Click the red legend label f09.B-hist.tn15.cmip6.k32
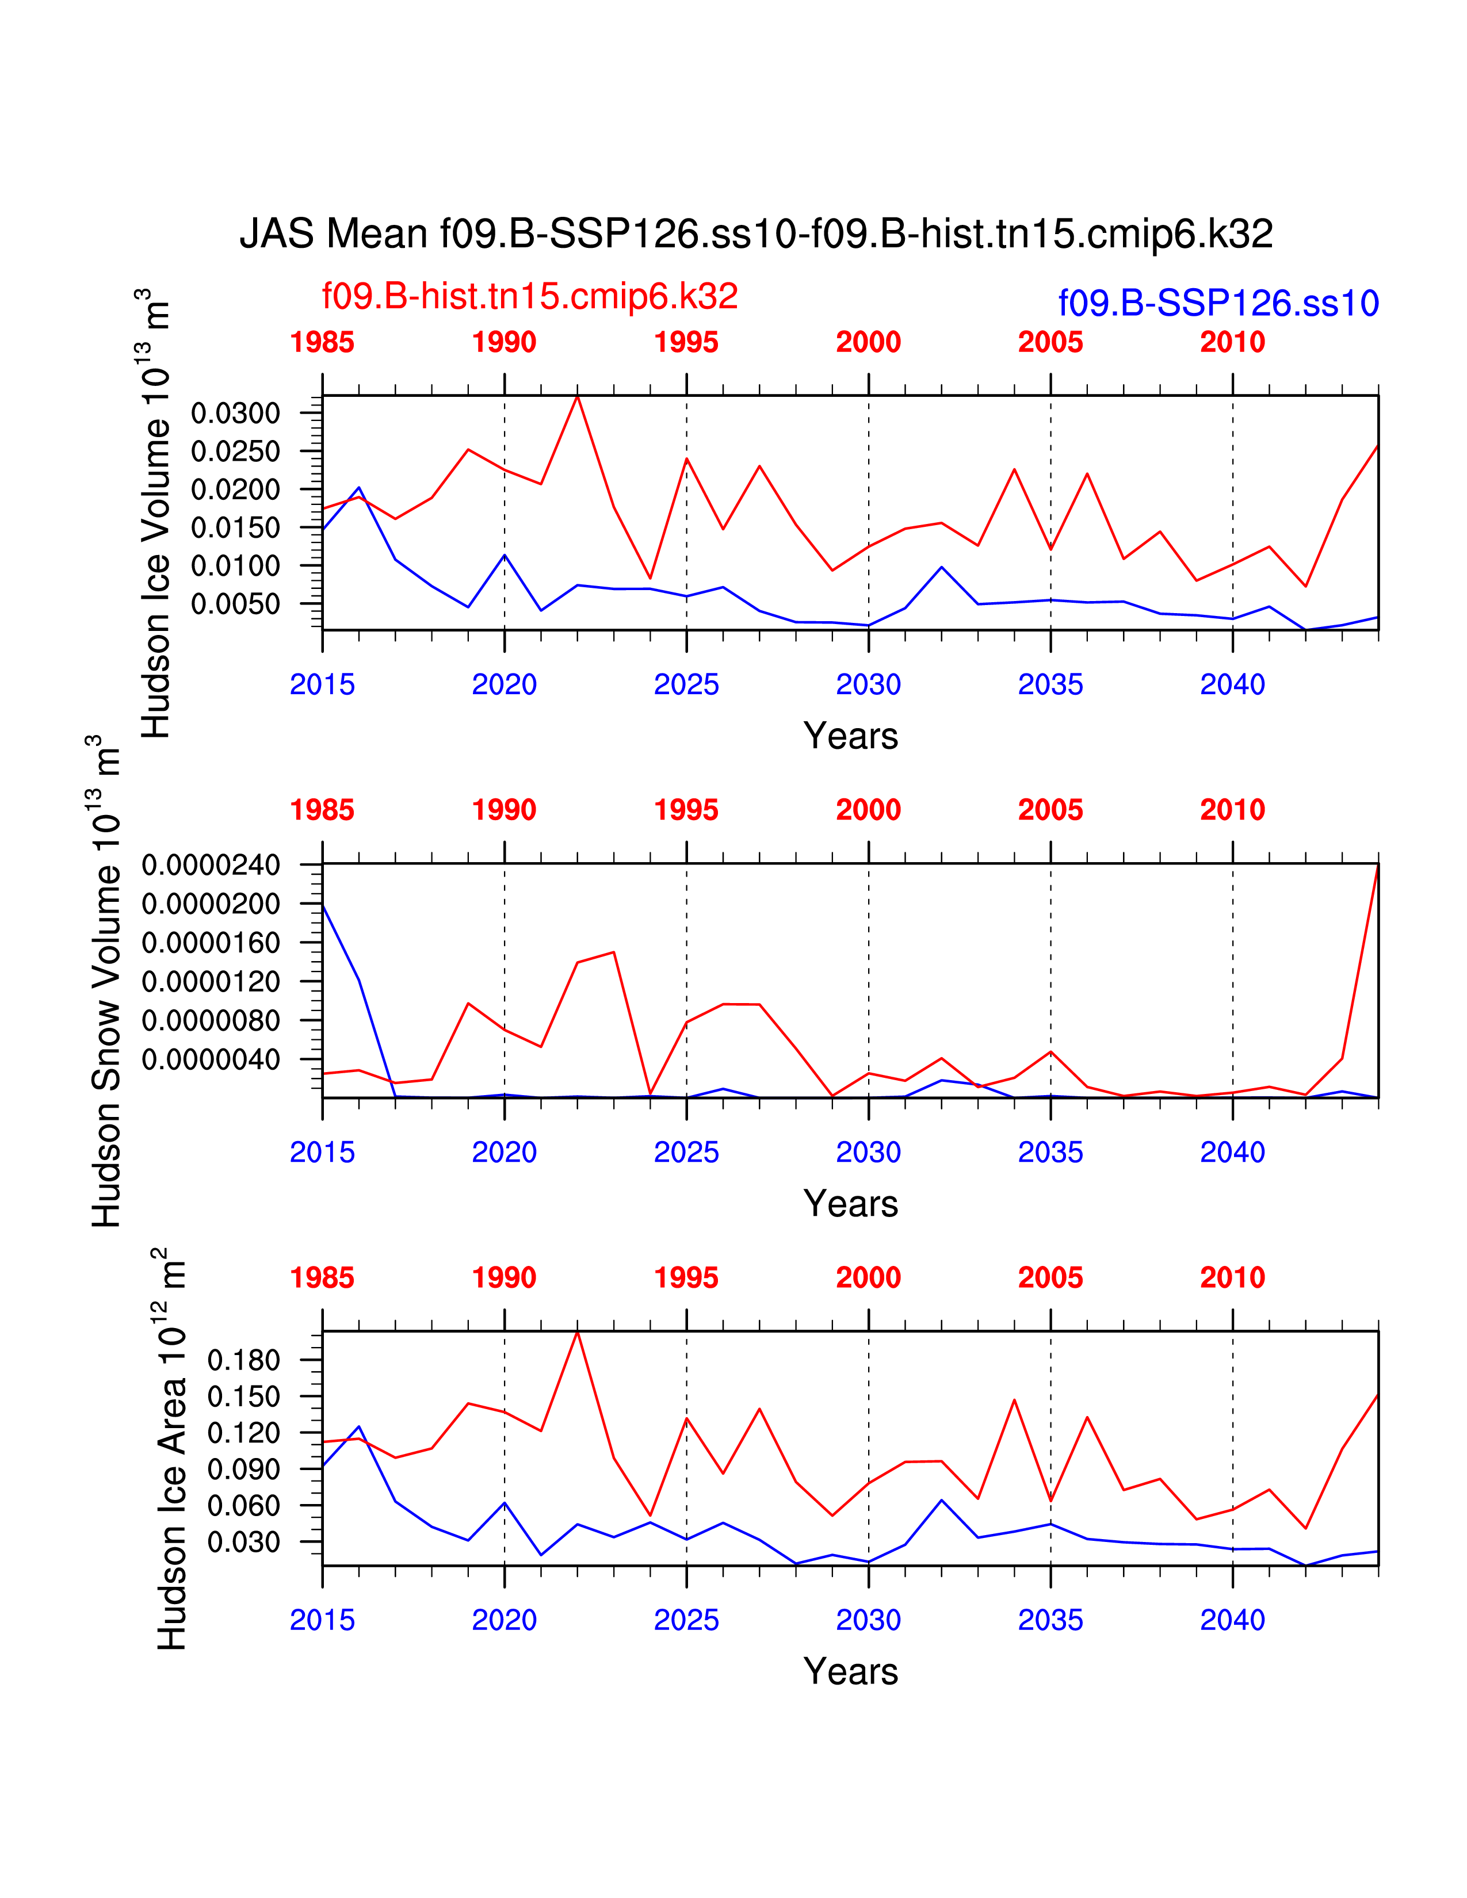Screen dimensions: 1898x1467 pos(529,296)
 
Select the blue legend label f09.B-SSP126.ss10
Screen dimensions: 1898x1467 pos(1217,303)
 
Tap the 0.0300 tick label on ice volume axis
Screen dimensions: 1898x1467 pos(235,413)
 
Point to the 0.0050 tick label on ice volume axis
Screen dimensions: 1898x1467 pos(235,604)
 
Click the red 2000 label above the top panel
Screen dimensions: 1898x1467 pos(868,342)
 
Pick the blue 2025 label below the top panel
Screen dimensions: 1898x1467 pos(686,685)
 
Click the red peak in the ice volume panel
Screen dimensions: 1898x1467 pos(577,397)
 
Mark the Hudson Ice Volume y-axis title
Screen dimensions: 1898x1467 pos(156,515)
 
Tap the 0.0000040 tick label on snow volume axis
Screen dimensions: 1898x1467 pos(211,1059)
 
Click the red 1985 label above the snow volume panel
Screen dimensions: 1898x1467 pos(322,810)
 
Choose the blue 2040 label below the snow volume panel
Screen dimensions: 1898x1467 pos(1232,1153)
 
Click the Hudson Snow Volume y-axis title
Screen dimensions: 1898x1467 pos(106,982)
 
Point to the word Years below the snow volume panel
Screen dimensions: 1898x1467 pos(851,1204)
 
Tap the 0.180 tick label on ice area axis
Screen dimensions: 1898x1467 pos(243,1360)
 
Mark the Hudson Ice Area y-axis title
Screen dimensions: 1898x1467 pos(172,1449)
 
